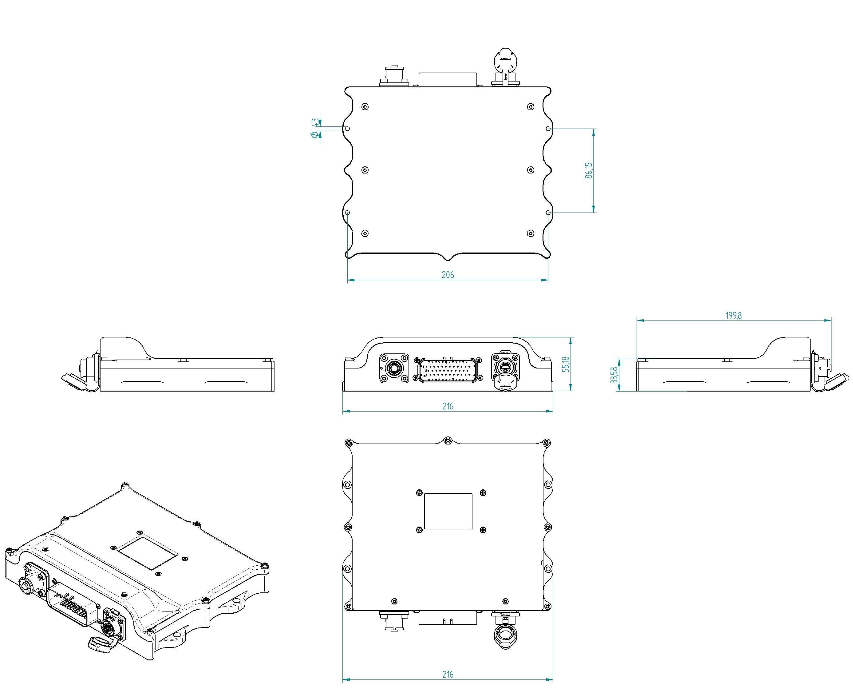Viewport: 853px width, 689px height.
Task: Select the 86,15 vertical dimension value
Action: pos(589,170)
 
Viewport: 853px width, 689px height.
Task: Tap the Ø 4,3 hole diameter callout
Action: pos(315,128)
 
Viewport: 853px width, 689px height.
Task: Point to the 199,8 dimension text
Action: pos(733,316)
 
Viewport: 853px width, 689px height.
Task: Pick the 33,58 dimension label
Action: pos(614,375)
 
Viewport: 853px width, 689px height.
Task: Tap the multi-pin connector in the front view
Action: pos(448,370)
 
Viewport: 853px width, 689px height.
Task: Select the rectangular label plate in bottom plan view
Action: pos(448,511)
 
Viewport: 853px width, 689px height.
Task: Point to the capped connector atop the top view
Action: pos(505,66)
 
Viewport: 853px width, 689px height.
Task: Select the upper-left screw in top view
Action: pos(365,107)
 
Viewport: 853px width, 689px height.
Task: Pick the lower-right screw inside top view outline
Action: pos(530,233)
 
